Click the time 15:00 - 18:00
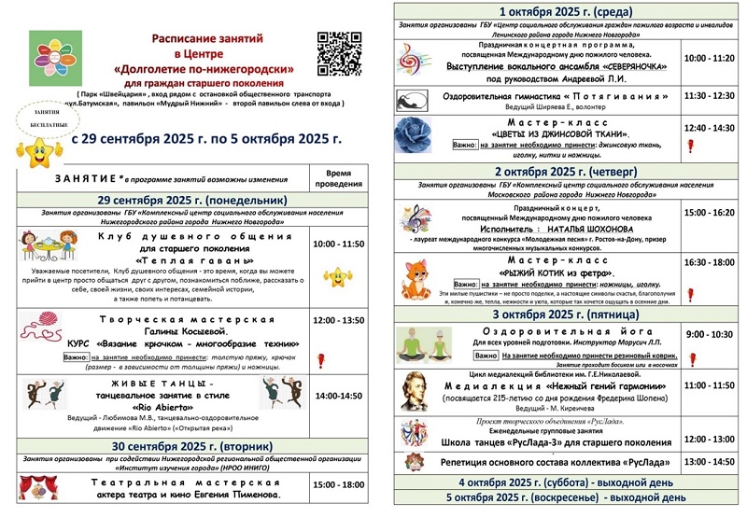pyautogui.click(x=337, y=485)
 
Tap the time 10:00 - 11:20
pyautogui.click(x=710, y=58)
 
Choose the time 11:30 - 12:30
pyautogui.click(x=710, y=95)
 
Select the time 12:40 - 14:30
pyautogui.click(x=710, y=127)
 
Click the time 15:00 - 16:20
pyautogui.click(x=710, y=213)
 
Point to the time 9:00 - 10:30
pyautogui.click(x=710, y=333)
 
